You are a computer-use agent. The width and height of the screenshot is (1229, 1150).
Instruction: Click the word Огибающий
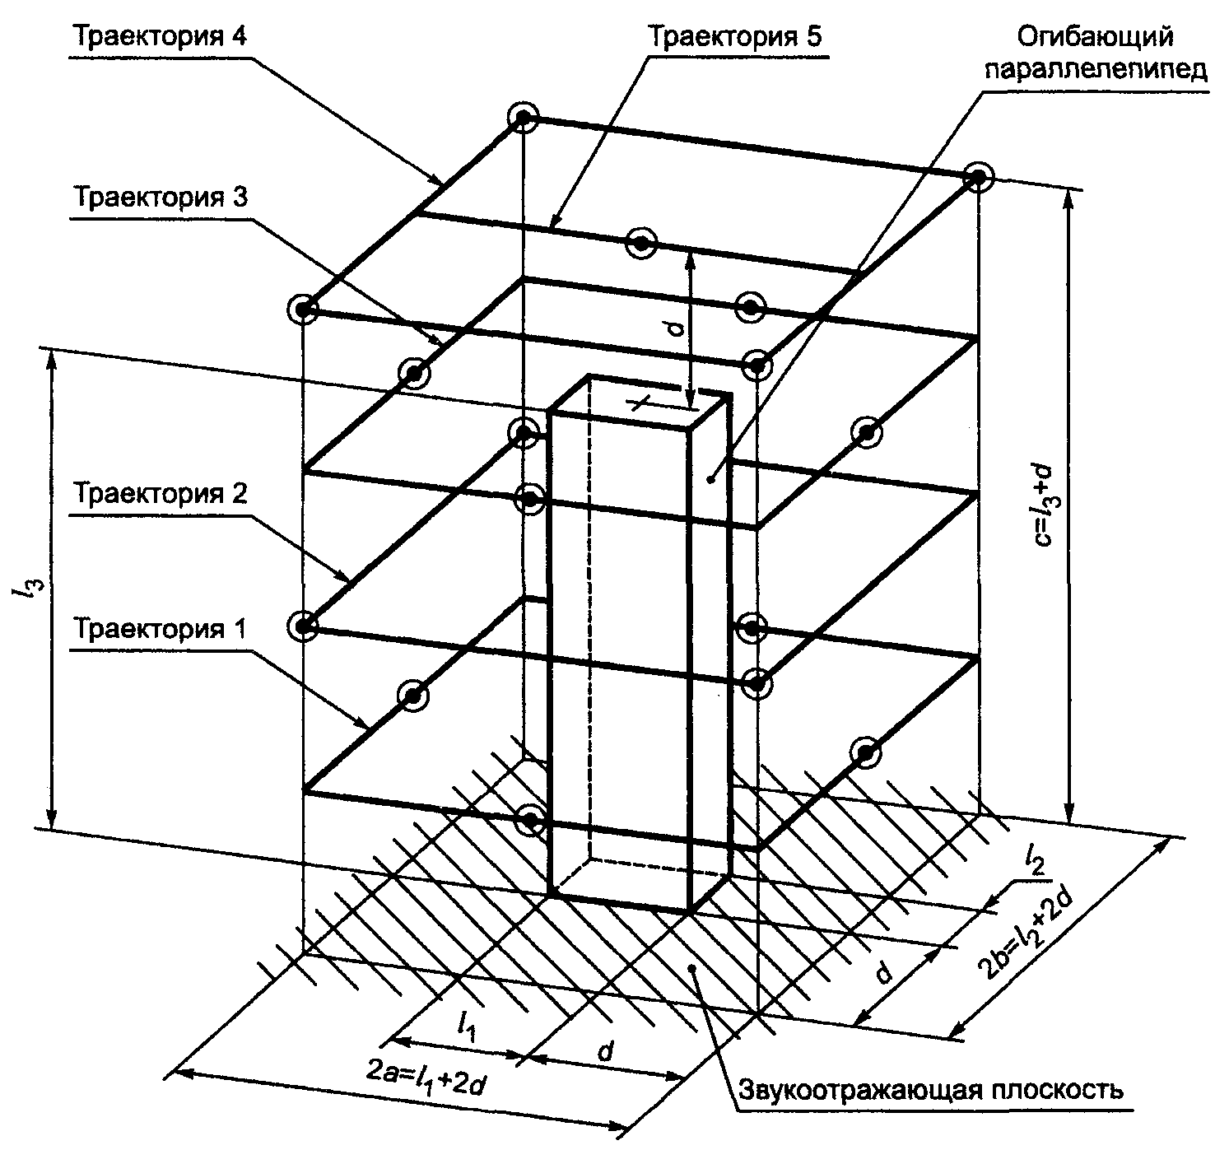click(1094, 38)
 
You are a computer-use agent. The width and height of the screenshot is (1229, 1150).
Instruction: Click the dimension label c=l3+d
click(1045, 502)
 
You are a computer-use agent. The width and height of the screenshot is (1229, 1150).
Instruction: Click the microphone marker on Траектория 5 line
click(640, 243)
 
